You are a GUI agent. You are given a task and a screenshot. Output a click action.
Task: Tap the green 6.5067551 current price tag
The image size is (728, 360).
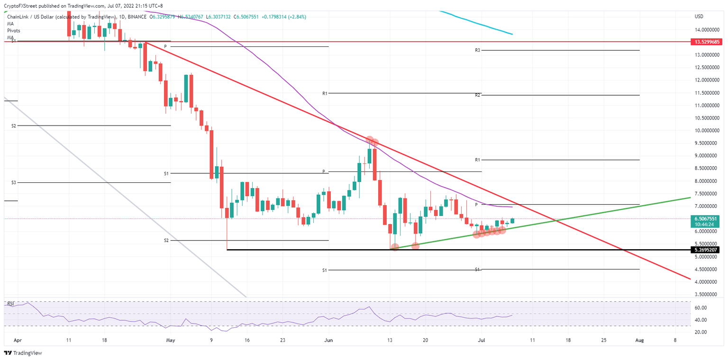tap(707, 219)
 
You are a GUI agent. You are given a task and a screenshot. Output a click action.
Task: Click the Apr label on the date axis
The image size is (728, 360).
tap(18, 340)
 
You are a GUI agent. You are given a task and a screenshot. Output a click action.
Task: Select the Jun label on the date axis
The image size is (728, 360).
tap(329, 340)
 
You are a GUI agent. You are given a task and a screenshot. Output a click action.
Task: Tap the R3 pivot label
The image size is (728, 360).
tap(478, 50)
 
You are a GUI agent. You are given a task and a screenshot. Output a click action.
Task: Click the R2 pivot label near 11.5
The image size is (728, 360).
tap(478, 95)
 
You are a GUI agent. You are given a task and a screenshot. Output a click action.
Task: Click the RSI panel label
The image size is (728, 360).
tap(11, 303)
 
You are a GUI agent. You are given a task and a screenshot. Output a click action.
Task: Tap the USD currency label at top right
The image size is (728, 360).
tap(699, 17)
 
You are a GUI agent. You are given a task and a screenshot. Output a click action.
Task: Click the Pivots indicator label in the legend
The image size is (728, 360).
tap(13, 30)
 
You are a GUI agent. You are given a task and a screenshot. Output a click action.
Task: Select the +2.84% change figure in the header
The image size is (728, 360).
tap(296, 17)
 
